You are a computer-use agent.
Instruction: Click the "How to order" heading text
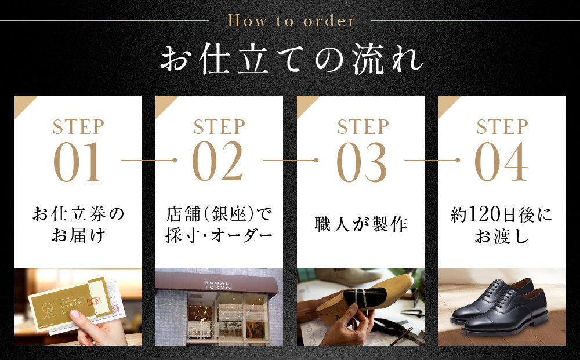291,21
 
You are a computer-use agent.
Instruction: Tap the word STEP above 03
361,127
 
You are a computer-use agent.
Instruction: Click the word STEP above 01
78,127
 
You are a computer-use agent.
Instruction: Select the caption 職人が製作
361,224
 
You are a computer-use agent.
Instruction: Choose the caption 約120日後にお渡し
501,226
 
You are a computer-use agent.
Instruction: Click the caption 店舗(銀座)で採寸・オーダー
219,226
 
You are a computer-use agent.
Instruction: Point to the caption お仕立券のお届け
78,226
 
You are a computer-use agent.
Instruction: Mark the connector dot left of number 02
175,159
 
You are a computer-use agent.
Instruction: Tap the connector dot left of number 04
458,159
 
